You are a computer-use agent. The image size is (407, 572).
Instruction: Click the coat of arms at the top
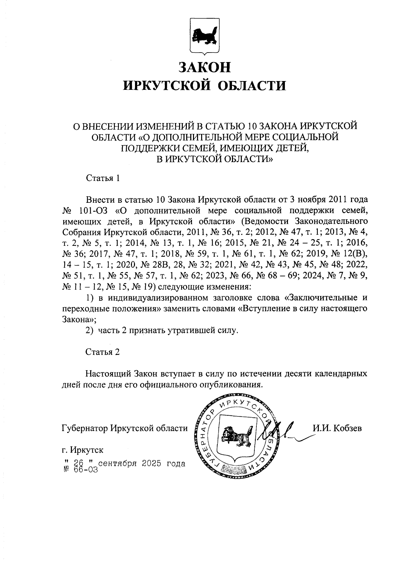[203, 36]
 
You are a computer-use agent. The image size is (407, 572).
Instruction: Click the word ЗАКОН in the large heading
[205, 67]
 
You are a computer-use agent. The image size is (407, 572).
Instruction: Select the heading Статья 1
[103, 178]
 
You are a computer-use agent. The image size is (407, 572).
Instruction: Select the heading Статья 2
[103, 352]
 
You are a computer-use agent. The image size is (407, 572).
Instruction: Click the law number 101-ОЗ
[93, 211]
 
